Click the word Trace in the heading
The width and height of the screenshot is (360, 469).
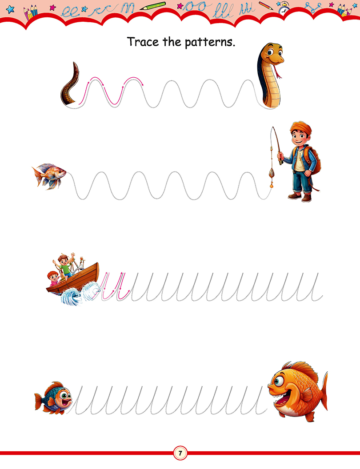(143, 42)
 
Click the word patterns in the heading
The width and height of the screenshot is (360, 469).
(210, 43)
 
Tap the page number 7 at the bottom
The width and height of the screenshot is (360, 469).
(180, 453)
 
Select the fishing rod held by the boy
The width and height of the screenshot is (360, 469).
(277, 145)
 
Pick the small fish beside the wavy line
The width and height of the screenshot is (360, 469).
(49, 176)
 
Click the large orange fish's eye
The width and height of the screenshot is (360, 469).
(278, 381)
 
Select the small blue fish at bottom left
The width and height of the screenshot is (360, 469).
(53, 398)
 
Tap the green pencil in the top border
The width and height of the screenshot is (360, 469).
(152, 6)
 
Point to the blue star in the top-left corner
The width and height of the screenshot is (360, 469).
(11, 9)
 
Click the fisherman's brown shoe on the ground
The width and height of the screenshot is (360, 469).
(295, 196)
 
